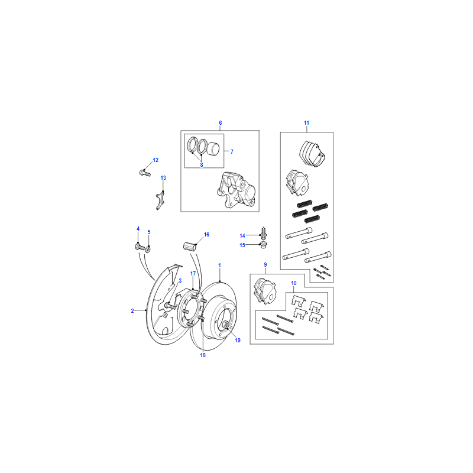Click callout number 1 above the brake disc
tap(219, 265)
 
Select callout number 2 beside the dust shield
tap(132, 311)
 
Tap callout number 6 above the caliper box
tap(220, 123)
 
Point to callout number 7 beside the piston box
tap(232, 152)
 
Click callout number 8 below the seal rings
tap(202, 165)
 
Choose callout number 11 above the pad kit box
tap(306, 123)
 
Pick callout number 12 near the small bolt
tap(155, 160)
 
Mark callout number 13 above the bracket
tap(163, 178)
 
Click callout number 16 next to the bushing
tap(206, 235)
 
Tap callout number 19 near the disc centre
tap(238, 341)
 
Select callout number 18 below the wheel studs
tap(203, 355)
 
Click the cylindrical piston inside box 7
tap(213, 148)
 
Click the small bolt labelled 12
tap(145, 173)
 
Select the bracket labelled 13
tap(160, 200)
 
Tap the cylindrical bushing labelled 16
tap(190, 246)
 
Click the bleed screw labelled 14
tap(263, 232)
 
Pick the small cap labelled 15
tap(264, 245)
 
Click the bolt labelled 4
tap(140, 247)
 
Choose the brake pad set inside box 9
tap(265, 291)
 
